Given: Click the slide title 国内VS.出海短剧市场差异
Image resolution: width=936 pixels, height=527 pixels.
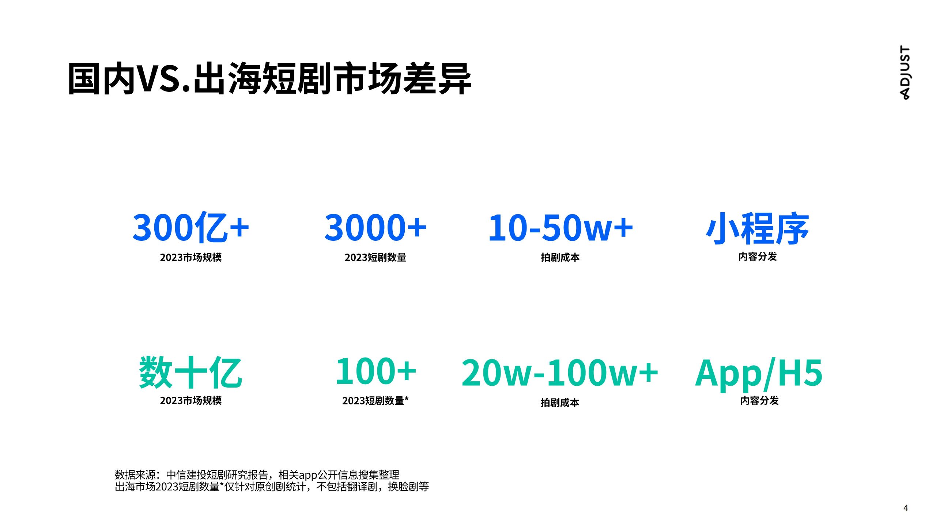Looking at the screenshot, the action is coord(269,78).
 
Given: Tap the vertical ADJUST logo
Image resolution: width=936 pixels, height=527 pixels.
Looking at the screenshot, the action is coord(905,72).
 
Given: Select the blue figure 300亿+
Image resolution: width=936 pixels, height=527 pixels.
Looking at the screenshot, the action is coord(191,228).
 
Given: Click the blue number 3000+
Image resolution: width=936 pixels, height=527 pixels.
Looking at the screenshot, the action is coord(375,228).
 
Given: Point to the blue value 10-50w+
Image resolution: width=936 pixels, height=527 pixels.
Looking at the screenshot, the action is coord(561,228).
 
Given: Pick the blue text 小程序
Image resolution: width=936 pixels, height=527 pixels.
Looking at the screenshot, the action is coord(758,228).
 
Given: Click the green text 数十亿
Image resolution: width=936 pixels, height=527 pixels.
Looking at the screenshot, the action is coord(190,372).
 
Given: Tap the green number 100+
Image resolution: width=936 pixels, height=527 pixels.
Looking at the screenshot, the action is coord(376,371).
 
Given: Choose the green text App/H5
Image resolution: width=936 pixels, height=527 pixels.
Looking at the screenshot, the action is coord(759,373).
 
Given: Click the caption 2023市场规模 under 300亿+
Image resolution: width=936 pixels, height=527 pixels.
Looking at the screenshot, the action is coord(191,257).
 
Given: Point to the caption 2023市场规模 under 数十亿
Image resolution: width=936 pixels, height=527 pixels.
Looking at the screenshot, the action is coord(191,400).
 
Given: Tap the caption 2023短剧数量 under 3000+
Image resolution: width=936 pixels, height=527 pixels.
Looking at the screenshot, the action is coord(375,257).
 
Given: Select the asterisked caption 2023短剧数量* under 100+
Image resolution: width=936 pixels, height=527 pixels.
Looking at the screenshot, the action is coord(375,400).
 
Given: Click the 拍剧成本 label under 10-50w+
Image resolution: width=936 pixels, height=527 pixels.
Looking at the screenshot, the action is coord(560,257).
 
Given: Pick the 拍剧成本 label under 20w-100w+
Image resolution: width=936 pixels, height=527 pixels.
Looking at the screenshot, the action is coord(560,403).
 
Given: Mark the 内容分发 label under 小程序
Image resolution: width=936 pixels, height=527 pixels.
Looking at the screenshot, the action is coord(758,257).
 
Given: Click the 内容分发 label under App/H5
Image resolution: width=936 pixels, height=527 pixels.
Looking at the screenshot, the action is coord(759,400).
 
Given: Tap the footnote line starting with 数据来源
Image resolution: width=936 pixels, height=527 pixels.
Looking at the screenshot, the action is coord(257,475).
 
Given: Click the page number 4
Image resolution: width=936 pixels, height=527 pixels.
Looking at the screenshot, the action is coord(906,508).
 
